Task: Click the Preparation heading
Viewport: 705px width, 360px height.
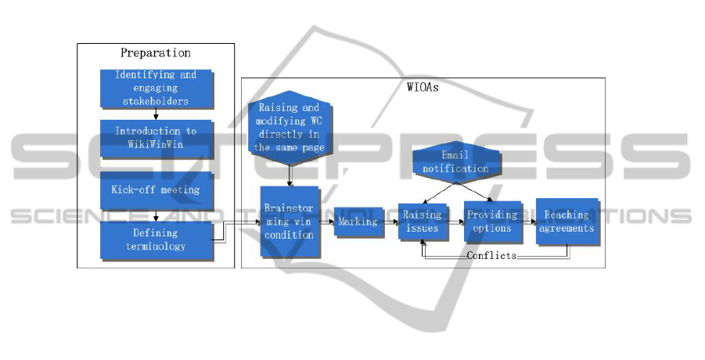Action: (x=155, y=53)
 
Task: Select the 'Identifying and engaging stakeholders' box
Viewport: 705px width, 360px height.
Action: (x=156, y=88)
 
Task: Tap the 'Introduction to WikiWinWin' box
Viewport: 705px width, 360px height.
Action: (x=156, y=137)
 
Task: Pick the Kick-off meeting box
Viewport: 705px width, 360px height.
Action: (x=156, y=190)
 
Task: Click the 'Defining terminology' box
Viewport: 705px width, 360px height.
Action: (x=156, y=239)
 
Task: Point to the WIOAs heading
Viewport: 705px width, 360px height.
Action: (x=423, y=88)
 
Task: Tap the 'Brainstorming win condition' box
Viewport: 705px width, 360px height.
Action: (x=290, y=222)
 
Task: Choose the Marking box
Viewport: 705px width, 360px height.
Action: (x=358, y=221)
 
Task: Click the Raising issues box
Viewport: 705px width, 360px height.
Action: (x=422, y=221)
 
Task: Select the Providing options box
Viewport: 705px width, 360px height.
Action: (x=491, y=221)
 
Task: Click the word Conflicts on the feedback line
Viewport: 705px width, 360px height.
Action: (x=491, y=256)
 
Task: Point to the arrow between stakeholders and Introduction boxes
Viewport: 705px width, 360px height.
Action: (x=156, y=113)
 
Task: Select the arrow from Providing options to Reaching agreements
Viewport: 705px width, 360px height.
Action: (x=528, y=221)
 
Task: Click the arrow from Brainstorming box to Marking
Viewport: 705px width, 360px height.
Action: (x=327, y=221)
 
